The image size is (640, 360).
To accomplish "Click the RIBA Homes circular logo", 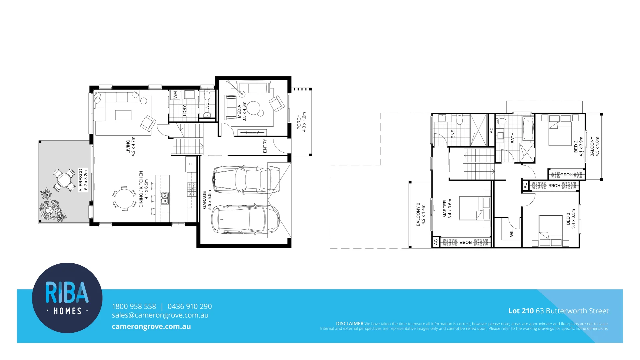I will pos(67,298).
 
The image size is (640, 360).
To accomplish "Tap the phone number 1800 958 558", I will pos(134,306).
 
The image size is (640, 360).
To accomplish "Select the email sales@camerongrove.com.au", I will pos(160,315).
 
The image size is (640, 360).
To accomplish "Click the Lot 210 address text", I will pos(558,311).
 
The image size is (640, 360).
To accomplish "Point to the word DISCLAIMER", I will pos(349,324).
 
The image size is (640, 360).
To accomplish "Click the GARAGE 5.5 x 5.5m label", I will pos(207,200).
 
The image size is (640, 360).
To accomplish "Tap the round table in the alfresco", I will pos(64,180).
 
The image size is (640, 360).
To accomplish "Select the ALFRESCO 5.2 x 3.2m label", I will pos(83,180).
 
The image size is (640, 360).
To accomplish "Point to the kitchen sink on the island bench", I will pos(165,198).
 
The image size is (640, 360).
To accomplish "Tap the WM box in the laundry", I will pos(175,95).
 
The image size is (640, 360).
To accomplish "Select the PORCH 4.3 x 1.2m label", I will pos(301,122).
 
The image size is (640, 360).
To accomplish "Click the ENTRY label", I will pos(265,146).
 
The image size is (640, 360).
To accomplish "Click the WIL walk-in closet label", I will pos(512,233).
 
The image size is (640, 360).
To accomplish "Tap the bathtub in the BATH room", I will pos(528,129).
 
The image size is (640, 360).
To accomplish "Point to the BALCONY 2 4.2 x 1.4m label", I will pos(421,214).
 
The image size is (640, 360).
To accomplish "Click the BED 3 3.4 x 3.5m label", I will pos(571,219).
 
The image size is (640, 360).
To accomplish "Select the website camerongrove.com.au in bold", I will pos(151,327).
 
